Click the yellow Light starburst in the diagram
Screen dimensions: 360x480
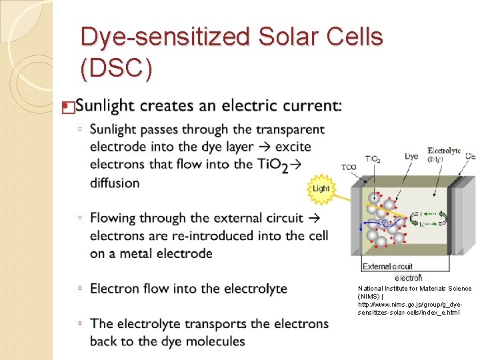click(x=321, y=188)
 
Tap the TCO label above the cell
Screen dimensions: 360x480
click(x=349, y=167)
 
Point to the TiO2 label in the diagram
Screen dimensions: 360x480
click(x=373, y=159)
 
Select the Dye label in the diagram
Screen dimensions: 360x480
click(x=412, y=156)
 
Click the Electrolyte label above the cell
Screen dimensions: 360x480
click(x=444, y=151)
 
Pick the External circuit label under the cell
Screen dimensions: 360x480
click(x=387, y=267)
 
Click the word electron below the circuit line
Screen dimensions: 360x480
click(x=408, y=277)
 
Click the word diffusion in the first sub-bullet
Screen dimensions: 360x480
click(x=115, y=183)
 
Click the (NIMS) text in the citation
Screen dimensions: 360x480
click(x=369, y=296)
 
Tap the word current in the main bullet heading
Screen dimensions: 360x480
click(x=314, y=105)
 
